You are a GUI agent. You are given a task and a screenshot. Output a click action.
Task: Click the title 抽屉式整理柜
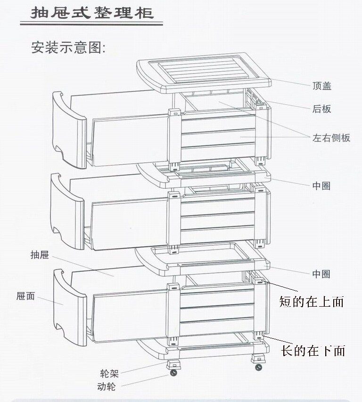[92, 13]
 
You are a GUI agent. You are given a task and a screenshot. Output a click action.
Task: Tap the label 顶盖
[322, 86]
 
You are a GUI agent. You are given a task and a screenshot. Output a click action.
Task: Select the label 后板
[322, 109]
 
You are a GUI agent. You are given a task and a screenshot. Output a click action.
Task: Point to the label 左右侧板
[331, 138]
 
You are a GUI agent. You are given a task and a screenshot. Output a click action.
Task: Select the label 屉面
[25, 296]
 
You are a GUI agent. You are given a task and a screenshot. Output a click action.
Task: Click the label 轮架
[109, 374]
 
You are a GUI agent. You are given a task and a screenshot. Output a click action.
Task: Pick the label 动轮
[106, 387]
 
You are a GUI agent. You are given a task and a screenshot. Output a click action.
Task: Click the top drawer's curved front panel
[69, 129]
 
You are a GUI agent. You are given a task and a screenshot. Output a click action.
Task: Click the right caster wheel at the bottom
[258, 368]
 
